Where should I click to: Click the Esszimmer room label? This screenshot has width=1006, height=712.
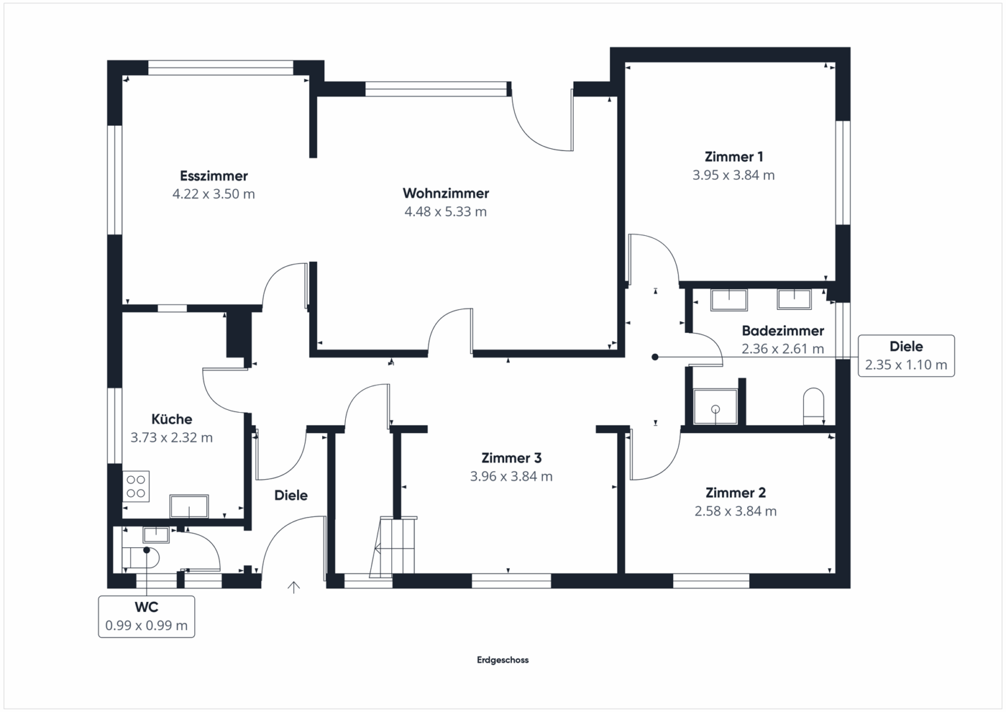click(213, 176)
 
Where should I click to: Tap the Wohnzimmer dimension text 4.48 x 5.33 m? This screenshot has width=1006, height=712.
click(445, 211)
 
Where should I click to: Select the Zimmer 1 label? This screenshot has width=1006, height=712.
click(734, 157)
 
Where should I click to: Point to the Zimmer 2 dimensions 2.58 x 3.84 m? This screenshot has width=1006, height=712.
click(736, 511)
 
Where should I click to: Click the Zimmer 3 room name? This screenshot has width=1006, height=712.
click(511, 458)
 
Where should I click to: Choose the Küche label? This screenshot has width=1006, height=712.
click(171, 419)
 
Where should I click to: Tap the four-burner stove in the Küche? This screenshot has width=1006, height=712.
click(136, 487)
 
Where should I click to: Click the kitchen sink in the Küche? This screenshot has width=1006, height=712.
click(189, 506)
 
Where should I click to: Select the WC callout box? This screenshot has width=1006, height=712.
click(146, 616)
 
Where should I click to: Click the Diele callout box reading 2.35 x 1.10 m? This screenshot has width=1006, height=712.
click(907, 355)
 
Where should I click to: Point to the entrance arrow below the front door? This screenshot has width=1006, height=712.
click(294, 587)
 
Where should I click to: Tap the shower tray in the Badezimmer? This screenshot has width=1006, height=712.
click(715, 407)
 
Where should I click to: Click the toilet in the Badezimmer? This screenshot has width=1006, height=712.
click(814, 406)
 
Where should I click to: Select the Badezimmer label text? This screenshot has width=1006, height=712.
click(783, 331)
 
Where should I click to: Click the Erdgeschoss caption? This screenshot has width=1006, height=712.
click(503, 660)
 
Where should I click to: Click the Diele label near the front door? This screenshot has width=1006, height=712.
click(291, 495)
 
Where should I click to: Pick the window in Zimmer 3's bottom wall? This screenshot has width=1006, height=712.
click(511, 581)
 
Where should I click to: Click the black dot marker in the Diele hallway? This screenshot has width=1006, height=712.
click(656, 357)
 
